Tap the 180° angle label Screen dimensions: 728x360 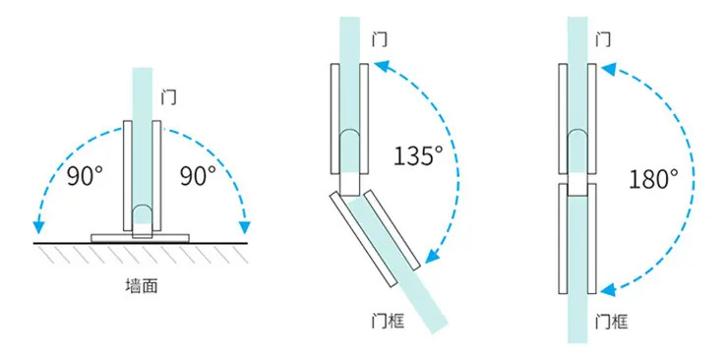[653, 179]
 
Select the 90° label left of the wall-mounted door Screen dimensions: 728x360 [84, 176]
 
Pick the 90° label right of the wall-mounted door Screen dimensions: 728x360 [199, 176]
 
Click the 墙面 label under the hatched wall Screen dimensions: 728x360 [142, 286]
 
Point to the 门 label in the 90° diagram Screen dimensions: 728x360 [168, 97]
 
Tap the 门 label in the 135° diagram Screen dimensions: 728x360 [380, 39]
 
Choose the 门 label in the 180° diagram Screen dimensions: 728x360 [603, 39]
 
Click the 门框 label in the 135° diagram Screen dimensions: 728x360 [389, 321]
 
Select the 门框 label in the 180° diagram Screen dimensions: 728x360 [612, 321]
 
